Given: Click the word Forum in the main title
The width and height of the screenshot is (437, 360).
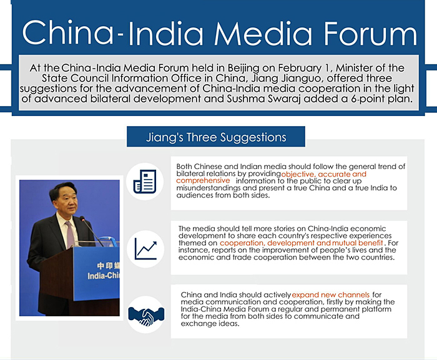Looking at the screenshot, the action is tap(370, 34).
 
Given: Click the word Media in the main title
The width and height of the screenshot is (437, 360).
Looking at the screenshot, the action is tap(263, 34).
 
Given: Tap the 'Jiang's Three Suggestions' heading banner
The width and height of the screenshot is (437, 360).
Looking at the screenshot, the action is tap(216, 137).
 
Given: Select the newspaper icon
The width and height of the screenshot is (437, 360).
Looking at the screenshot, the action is tap(145, 182).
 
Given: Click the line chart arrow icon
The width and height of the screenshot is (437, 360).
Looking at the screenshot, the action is tap(145, 249).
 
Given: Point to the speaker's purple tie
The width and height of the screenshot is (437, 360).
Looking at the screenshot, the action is tap(70, 235).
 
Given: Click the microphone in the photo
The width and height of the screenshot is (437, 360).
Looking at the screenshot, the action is tap(91, 231).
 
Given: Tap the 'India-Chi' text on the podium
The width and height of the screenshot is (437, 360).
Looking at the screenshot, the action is tap(104, 276).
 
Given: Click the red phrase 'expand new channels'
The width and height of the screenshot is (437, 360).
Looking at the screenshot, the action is tap(330, 294).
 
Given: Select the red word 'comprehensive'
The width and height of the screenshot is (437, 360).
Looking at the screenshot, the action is tap(203, 180).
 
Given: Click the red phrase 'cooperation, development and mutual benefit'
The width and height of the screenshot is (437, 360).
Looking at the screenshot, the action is tap(302, 243).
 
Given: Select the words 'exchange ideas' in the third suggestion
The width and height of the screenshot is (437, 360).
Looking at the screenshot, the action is tap(210, 323).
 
